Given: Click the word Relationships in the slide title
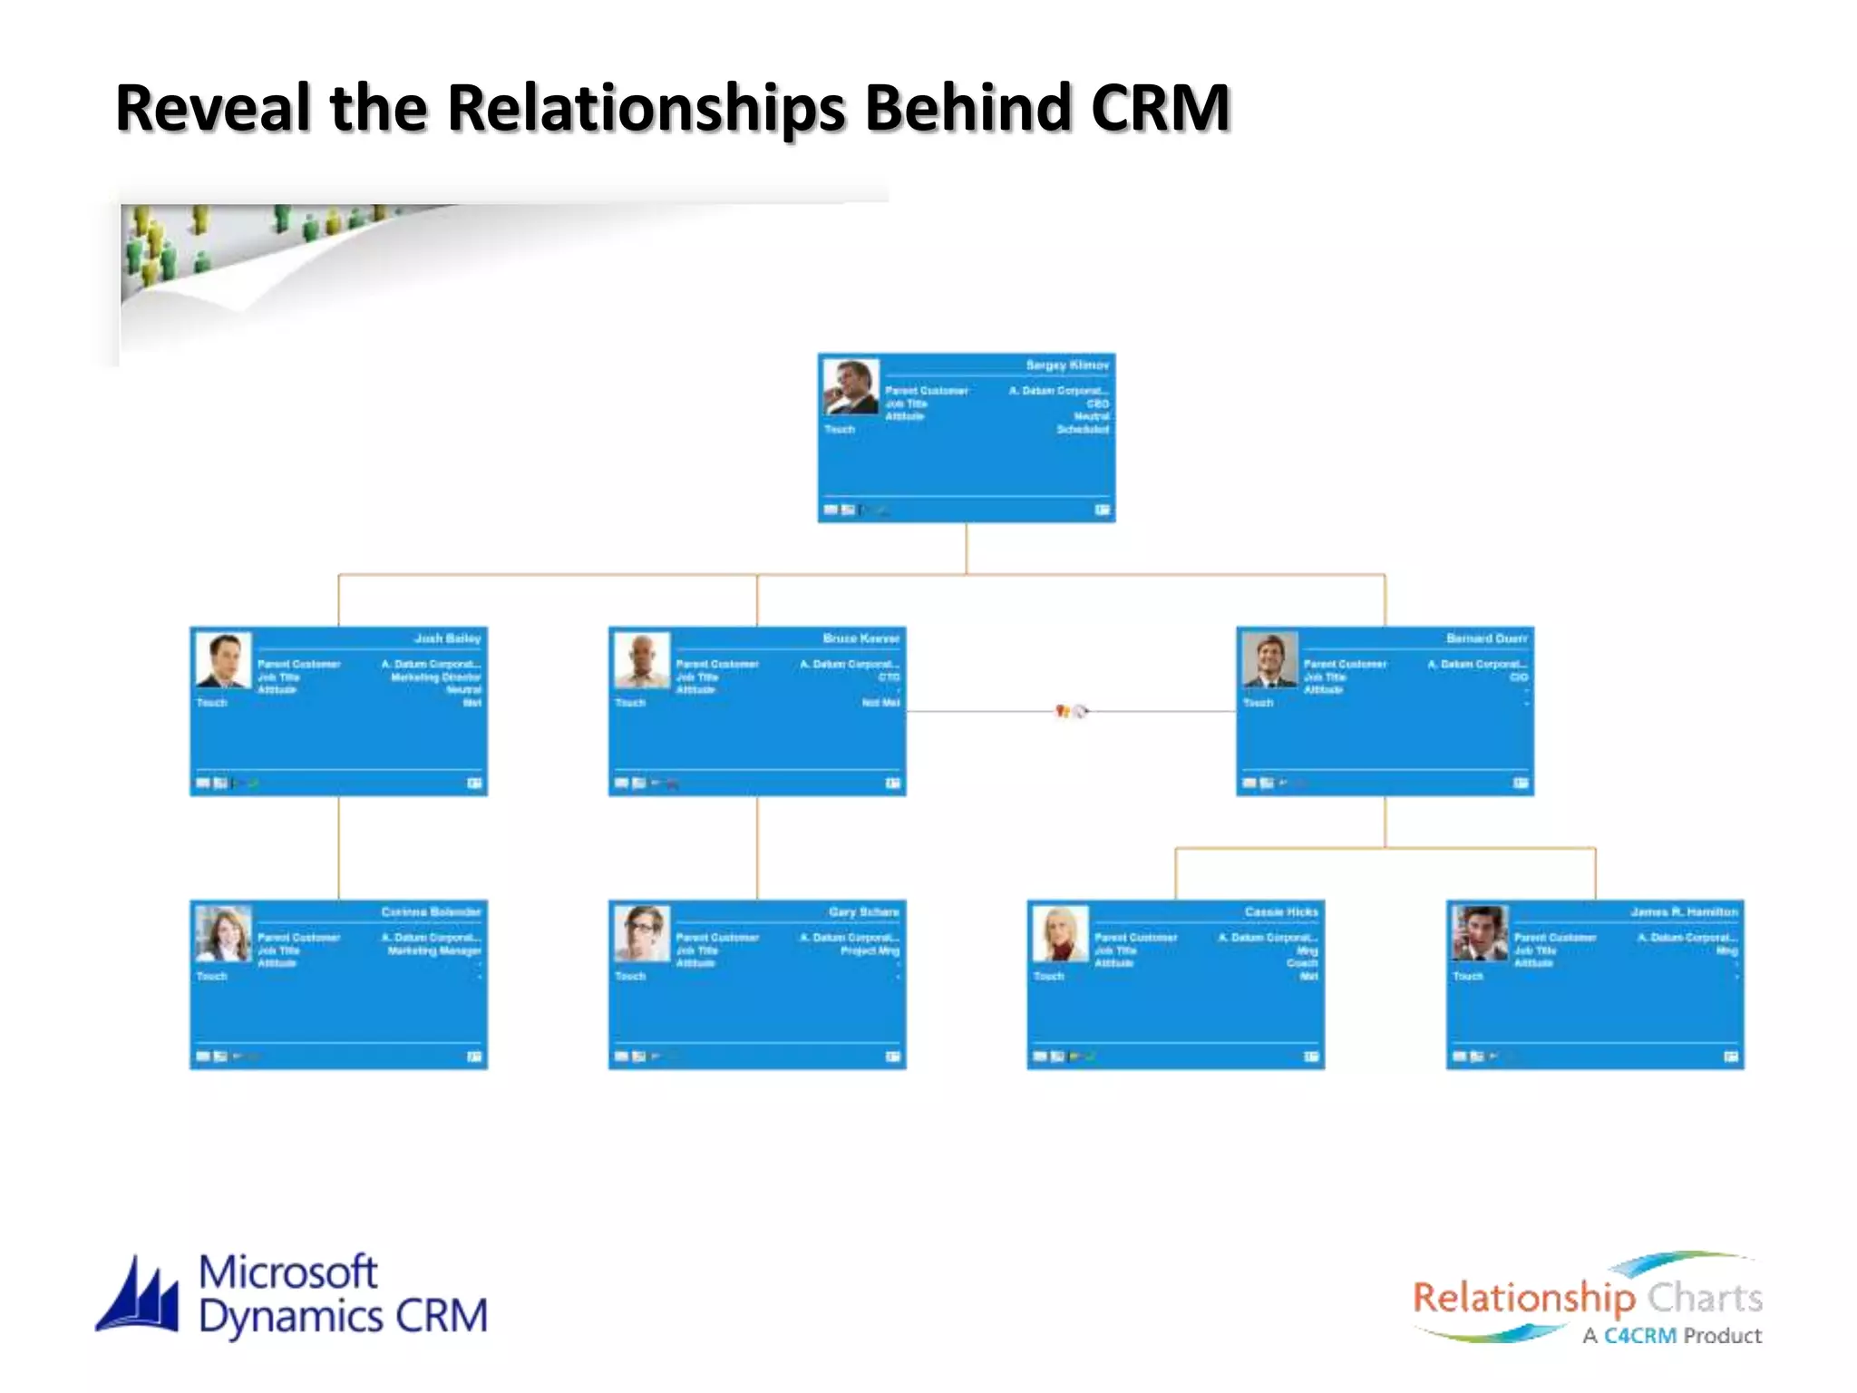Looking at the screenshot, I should click(647, 109).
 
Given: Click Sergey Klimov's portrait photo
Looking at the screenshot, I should click(851, 386).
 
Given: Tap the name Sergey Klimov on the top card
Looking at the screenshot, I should click(1066, 365).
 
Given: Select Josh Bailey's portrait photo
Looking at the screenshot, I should click(223, 659).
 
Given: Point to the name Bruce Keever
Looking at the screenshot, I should click(860, 638).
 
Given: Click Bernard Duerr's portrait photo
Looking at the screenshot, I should click(1269, 659).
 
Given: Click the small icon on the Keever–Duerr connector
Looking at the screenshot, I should click(1070, 711).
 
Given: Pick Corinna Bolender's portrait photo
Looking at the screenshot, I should click(223, 933).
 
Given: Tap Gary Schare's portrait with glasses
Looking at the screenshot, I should click(642, 933).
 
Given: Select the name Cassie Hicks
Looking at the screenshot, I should click(1280, 911).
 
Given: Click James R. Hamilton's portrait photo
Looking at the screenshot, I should click(1479, 933).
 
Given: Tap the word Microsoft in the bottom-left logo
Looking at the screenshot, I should click(287, 1271).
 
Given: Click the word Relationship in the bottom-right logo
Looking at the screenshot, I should click(1523, 1299).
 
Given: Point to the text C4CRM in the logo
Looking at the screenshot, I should click(1639, 1336).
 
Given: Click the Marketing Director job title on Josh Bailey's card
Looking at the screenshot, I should click(435, 677).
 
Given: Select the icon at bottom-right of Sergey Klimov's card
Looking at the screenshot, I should click(1102, 510).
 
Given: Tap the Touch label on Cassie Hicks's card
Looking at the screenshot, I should click(1048, 976).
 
